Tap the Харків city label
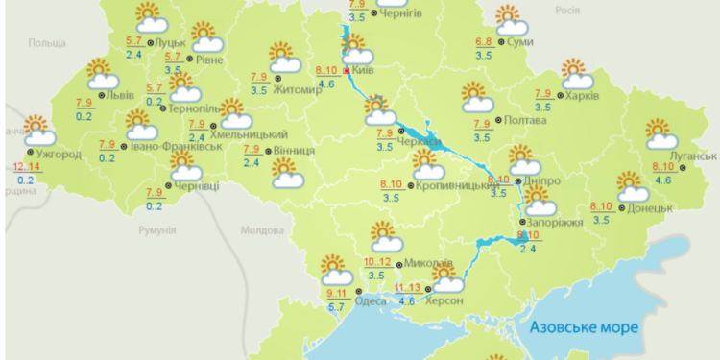tap(582, 97)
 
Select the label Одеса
tap(371, 301)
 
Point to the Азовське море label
tap(582, 328)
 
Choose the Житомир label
tap(300, 90)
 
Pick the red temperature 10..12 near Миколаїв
tap(377, 262)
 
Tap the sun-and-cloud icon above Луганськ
tap(660, 134)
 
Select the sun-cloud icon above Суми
tap(508, 19)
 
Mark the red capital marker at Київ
tap(346, 70)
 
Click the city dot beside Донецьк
tap(622, 207)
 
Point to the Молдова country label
tap(257, 230)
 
